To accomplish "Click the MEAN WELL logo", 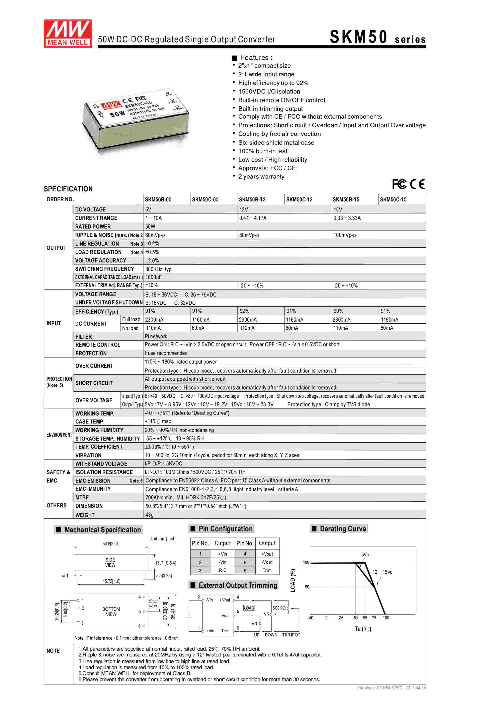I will [x=68, y=34].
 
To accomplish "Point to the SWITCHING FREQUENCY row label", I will [x=104, y=269].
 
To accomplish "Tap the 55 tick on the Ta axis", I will [x=365, y=618].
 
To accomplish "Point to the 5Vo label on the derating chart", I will [x=365, y=555].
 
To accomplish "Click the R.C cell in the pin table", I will [x=223, y=570].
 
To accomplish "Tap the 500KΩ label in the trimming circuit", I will [x=279, y=608].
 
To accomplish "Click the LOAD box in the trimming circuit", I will [x=249, y=608].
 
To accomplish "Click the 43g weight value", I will [x=149, y=515].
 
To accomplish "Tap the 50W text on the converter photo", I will [x=117, y=114].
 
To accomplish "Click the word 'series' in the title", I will [x=410, y=40].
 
